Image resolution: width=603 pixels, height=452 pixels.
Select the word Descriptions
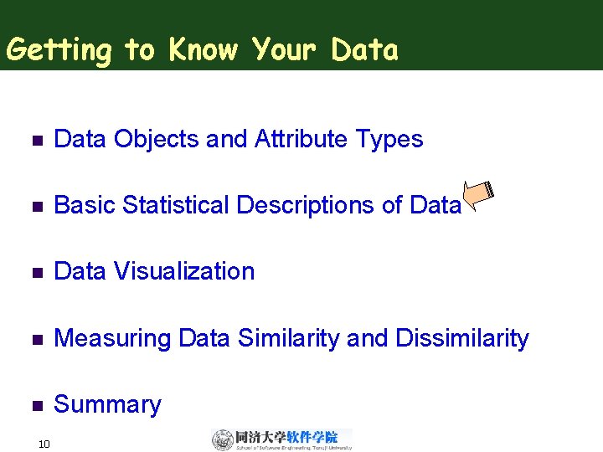click(308, 205)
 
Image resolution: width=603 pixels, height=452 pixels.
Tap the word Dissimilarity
click(462, 338)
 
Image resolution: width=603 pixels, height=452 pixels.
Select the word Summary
click(107, 404)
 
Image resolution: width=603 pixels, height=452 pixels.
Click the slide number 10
click(44, 443)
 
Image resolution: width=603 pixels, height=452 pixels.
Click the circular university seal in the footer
click(223, 439)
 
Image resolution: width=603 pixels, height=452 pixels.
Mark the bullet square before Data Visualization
click(35, 272)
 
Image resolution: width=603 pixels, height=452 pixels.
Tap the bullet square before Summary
click(35, 405)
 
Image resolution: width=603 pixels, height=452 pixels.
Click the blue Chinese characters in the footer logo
click(312, 436)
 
